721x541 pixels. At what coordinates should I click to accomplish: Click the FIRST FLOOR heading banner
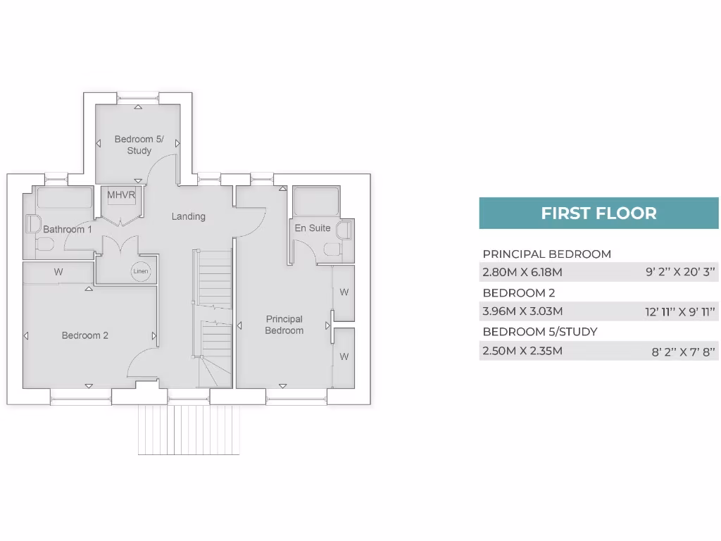coord(598,213)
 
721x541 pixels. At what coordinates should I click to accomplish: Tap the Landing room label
coord(189,216)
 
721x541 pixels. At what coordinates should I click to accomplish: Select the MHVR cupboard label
coord(121,194)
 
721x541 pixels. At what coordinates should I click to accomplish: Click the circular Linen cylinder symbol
coord(140,272)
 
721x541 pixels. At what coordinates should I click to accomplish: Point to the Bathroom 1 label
coord(68,230)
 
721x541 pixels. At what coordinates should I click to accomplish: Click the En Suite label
coord(313,228)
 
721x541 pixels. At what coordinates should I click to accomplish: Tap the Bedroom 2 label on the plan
coord(85,335)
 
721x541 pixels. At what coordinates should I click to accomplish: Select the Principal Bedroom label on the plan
coord(284,325)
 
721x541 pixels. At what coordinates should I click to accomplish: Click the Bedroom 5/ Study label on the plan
coord(139,145)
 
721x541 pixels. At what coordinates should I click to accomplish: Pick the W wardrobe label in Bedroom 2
coord(58,272)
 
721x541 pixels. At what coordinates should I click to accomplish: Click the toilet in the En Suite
coord(331,250)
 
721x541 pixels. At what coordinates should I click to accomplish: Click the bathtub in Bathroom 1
coord(64,198)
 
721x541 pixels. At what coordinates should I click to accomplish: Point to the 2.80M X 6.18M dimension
coord(522,272)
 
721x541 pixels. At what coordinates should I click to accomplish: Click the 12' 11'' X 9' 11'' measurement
coord(679,311)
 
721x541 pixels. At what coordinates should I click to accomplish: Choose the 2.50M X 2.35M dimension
coord(522,350)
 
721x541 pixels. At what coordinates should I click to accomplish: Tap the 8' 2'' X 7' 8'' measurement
coord(683,351)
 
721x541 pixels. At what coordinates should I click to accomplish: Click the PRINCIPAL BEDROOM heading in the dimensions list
coord(546,254)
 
